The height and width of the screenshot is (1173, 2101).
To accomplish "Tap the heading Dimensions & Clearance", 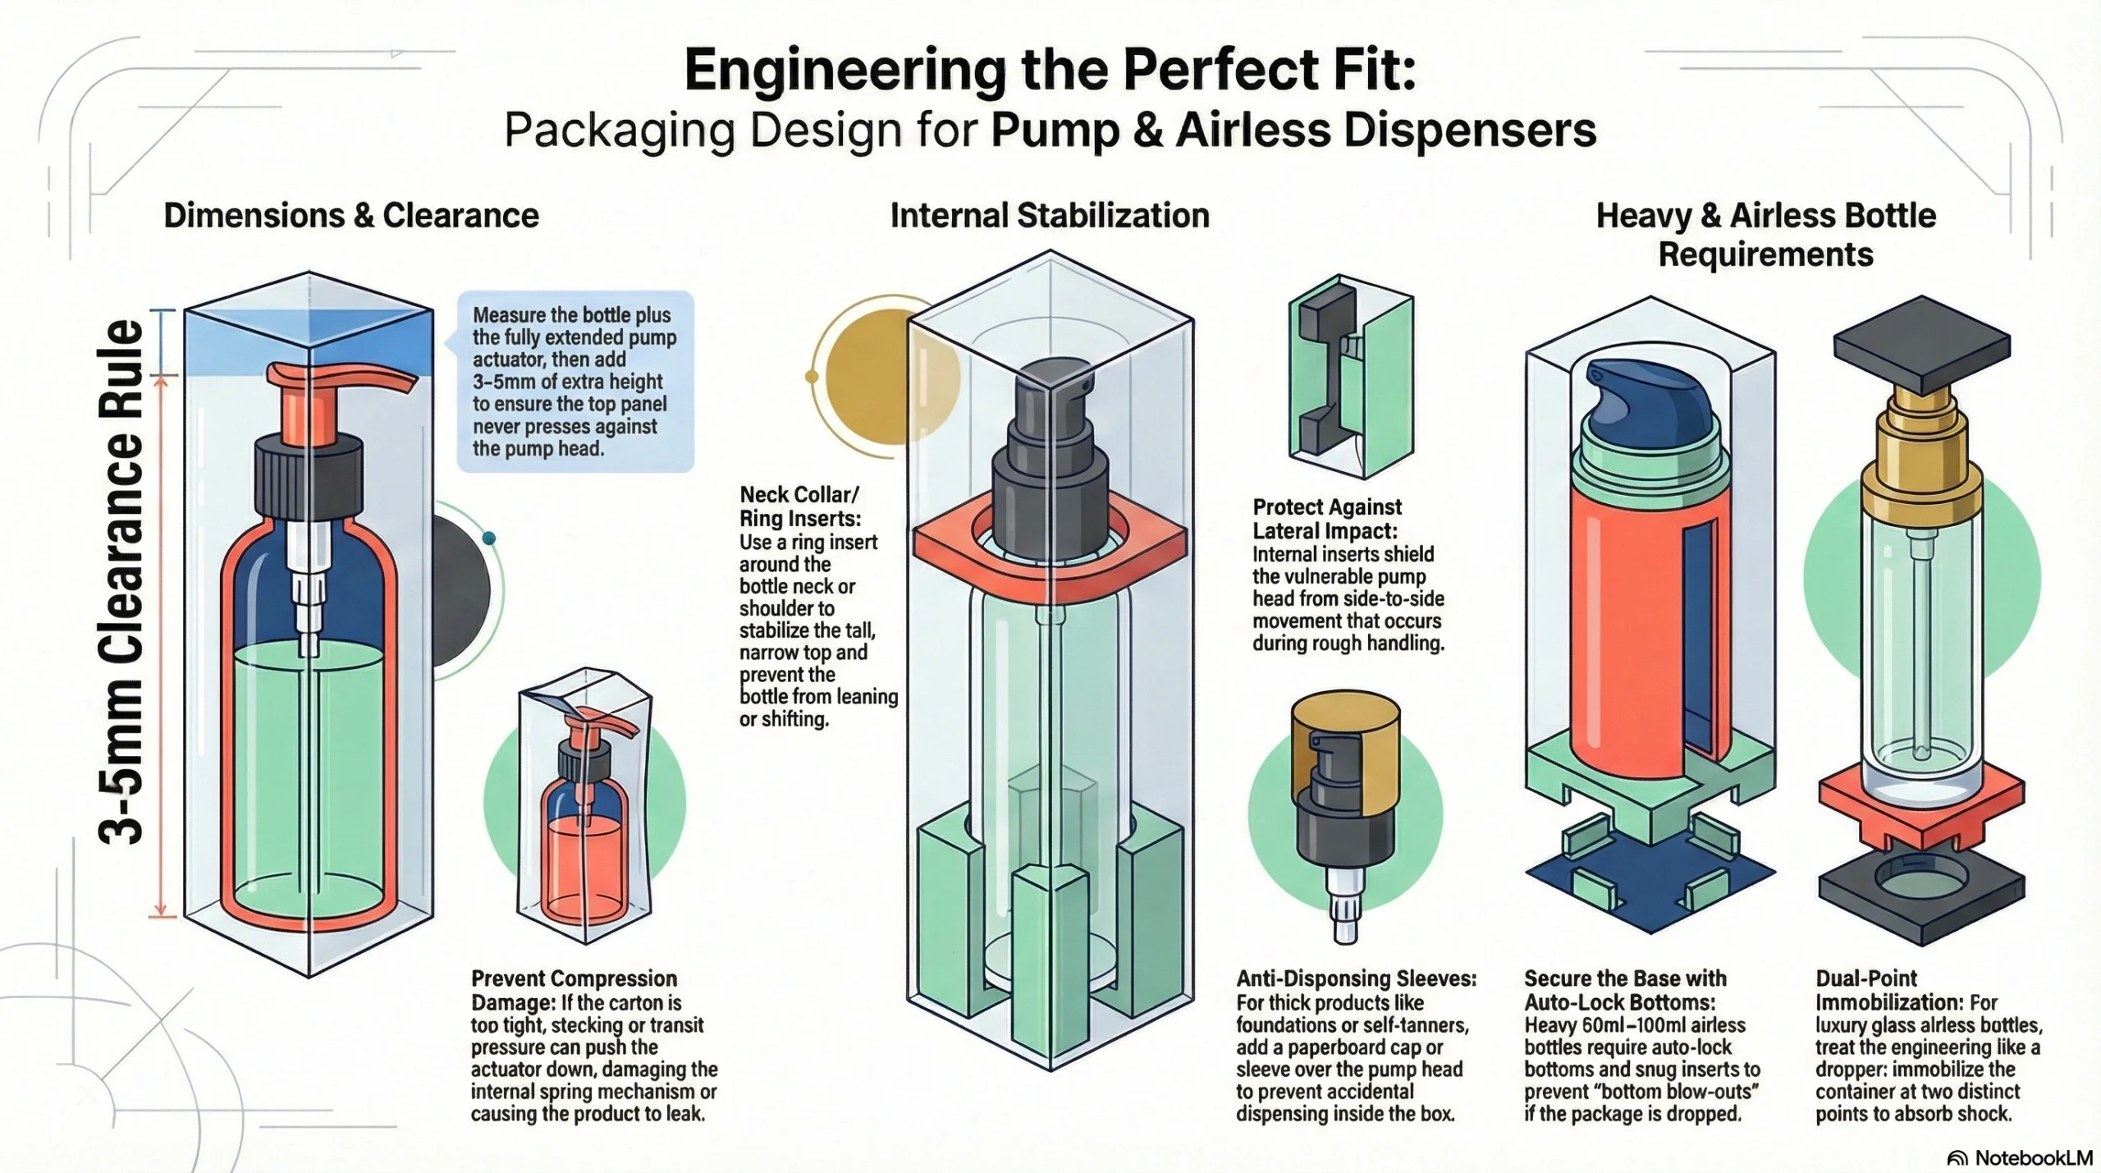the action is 351,215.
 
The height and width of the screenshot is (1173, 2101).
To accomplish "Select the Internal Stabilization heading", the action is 1050,215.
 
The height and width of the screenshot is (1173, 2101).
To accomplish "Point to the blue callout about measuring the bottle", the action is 575,382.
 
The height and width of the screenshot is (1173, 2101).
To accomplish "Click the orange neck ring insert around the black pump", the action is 1050,538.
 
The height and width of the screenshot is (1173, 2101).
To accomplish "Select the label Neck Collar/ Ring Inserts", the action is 800,506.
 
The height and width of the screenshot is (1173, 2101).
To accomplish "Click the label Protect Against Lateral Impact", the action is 1327,519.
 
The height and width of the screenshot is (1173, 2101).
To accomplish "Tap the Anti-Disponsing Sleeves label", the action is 1357,978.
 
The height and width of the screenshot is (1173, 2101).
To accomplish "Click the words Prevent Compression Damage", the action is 574,991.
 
